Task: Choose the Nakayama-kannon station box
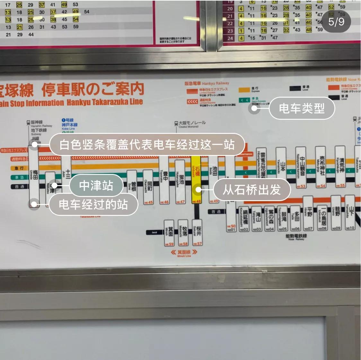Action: [x=301, y=167]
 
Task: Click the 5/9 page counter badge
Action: [x=336, y=21]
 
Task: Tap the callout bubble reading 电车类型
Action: [x=302, y=108]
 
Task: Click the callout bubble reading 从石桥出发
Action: [x=252, y=190]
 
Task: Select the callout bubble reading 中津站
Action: [x=96, y=185]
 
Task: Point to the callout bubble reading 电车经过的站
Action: [x=93, y=204]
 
